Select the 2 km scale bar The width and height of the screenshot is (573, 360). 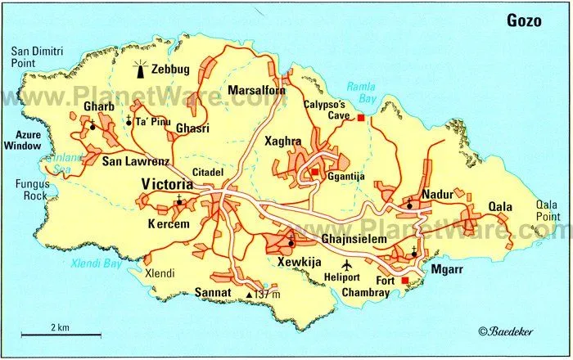[x=61, y=334]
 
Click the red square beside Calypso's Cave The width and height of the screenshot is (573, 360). [x=359, y=119]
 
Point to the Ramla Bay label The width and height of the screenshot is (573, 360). [x=360, y=90]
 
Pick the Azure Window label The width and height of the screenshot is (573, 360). [x=23, y=139]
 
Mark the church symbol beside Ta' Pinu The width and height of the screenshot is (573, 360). [x=129, y=121]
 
